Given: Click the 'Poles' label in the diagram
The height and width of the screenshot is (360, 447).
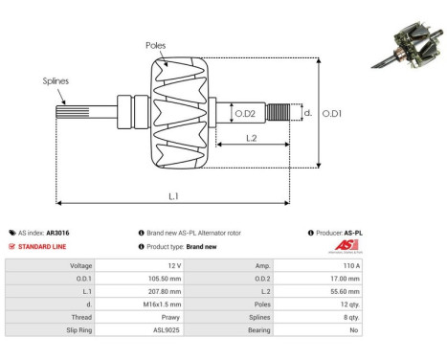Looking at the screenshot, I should click(x=155, y=45).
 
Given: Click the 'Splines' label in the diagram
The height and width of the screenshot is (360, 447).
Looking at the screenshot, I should click(x=56, y=82).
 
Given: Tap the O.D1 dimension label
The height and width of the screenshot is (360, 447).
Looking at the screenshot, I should click(x=331, y=113).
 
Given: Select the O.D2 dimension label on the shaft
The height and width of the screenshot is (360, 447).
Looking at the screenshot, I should click(x=246, y=114).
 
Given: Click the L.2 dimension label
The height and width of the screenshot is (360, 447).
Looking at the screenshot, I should click(x=250, y=139).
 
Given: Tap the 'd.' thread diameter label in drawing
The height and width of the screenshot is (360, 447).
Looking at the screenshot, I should click(x=306, y=113).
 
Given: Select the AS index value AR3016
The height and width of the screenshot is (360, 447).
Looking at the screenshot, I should click(x=57, y=233).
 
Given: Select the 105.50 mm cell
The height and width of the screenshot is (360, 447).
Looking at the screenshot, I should click(x=167, y=279).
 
